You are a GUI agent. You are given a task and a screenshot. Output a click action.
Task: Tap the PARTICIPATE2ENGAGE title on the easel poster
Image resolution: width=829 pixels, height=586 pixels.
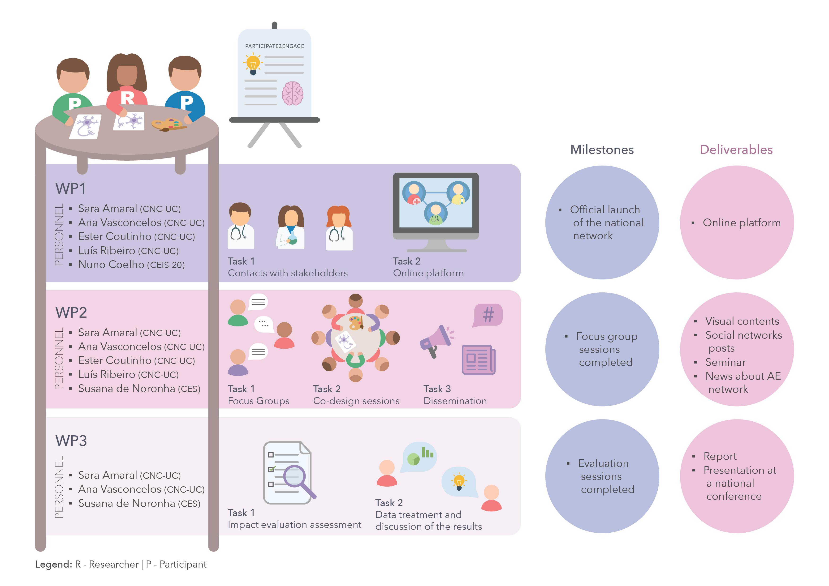point(274,46)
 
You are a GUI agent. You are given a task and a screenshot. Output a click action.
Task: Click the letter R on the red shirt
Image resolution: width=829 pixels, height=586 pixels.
point(127,98)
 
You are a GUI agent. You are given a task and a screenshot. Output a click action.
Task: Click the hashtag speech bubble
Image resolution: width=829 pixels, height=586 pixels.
point(488,315)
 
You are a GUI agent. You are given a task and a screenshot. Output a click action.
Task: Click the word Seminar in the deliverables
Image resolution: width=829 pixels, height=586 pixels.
point(725,362)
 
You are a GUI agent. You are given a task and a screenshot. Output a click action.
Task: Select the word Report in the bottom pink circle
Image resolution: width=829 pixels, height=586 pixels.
point(720,457)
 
